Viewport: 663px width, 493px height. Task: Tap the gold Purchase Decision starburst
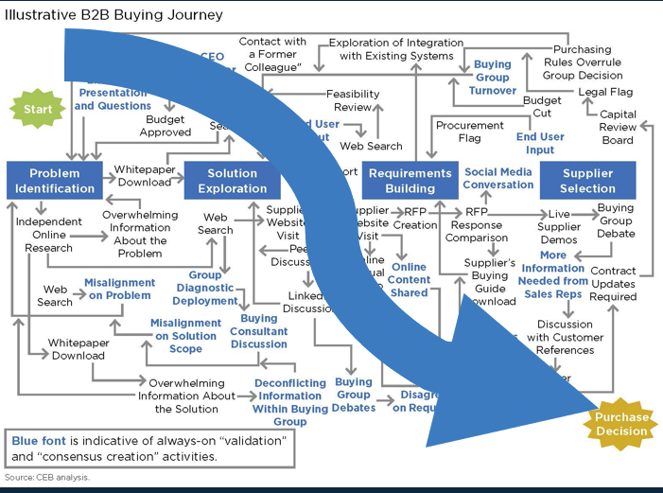tap(620, 424)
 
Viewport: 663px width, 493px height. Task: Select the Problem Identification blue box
tap(55, 180)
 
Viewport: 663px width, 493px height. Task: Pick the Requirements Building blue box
tap(410, 180)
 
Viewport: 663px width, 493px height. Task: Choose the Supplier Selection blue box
tap(587, 180)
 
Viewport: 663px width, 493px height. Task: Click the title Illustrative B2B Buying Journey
tap(113, 15)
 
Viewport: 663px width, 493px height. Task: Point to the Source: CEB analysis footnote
tap(47, 477)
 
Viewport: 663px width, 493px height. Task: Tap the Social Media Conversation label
tap(498, 178)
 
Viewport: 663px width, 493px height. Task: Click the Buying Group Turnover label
tap(492, 78)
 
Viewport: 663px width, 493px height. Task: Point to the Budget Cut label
tap(542, 106)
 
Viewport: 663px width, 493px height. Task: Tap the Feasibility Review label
tap(353, 100)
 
